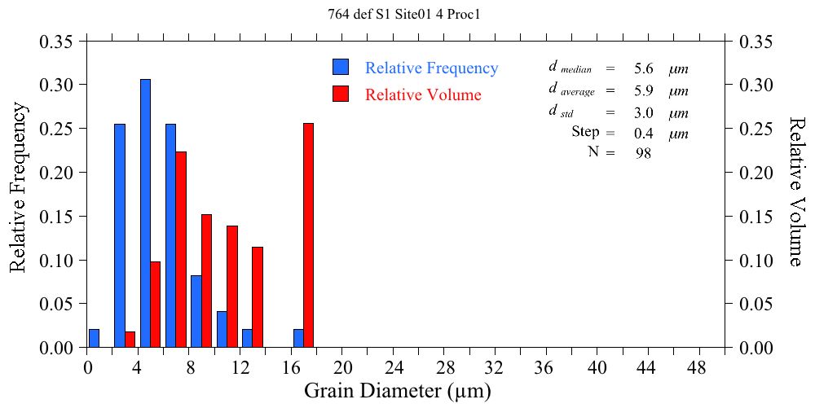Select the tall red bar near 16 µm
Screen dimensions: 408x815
(x=308, y=235)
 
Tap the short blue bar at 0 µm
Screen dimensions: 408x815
(x=94, y=339)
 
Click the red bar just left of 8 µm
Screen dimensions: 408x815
(x=181, y=249)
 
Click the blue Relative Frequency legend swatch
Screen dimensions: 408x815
(x=341, y=68)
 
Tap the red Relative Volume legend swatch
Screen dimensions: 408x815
(x=341, y=94)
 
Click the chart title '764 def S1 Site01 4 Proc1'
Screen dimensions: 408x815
(x=407, y=14)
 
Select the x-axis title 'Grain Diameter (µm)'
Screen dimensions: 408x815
(x=398, y=391)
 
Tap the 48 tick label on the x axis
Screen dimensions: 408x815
(x=698, y=367)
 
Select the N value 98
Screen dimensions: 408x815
(x=642, y=153)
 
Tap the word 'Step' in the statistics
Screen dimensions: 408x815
(x=585, y=132)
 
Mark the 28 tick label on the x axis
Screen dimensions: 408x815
(x=444, y=367)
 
